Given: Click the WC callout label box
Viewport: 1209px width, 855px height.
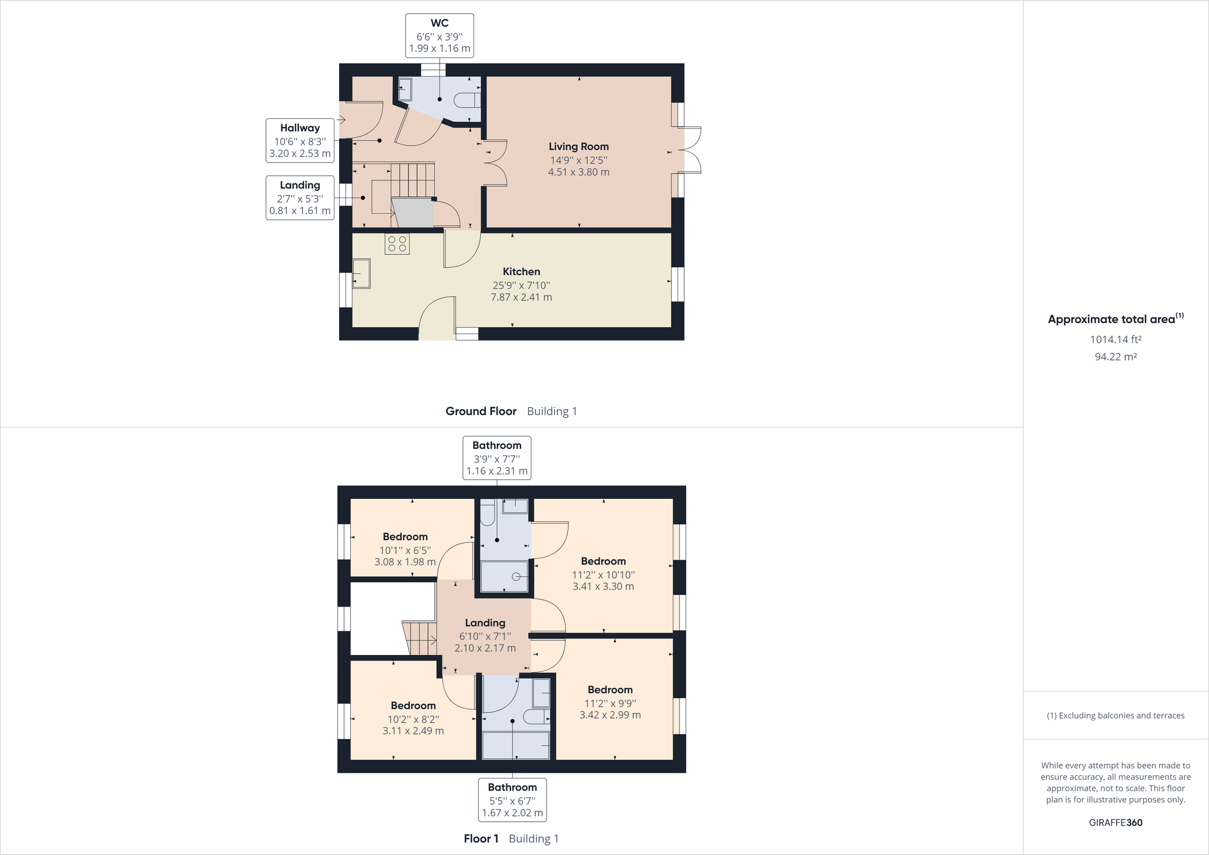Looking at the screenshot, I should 439,36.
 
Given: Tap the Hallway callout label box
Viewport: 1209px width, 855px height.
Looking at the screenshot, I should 300,141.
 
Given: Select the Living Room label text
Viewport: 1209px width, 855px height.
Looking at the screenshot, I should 578,147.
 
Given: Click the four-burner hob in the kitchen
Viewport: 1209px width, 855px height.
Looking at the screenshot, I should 396,244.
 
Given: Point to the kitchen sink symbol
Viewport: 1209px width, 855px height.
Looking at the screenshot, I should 361,274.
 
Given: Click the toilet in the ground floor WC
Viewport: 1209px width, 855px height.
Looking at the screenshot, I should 466,100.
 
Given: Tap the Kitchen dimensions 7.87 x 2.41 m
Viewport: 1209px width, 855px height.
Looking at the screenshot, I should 521,297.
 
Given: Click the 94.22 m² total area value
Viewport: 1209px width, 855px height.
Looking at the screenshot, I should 1115,357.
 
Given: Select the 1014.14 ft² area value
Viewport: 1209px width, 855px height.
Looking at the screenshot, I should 1115,339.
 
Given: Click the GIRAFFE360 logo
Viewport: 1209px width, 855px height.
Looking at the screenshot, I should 1115,822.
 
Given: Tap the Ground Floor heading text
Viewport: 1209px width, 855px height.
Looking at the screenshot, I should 481,412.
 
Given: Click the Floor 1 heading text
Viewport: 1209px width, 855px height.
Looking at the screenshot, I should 481,839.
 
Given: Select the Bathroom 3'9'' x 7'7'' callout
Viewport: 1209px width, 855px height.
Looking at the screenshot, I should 497,458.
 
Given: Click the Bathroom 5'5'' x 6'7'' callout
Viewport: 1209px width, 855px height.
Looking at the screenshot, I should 512,800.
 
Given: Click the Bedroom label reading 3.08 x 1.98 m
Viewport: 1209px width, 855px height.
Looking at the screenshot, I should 405,550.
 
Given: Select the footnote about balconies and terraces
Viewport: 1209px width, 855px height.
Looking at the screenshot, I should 1115,715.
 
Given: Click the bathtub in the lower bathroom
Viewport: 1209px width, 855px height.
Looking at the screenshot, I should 515,746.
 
